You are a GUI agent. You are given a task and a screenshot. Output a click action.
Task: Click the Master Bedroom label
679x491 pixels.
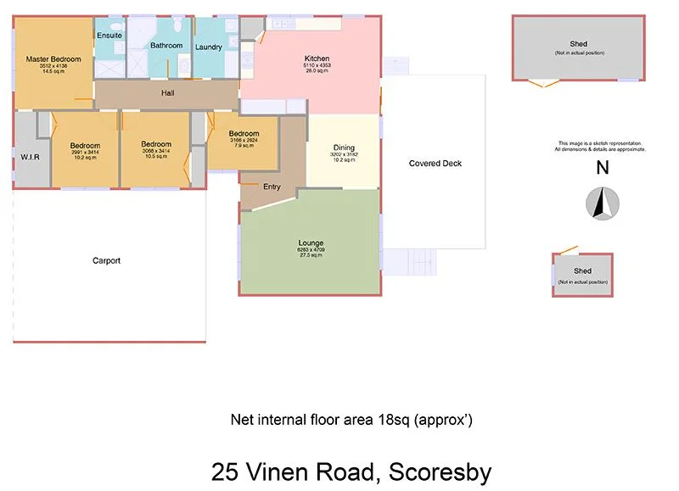coord(53,59)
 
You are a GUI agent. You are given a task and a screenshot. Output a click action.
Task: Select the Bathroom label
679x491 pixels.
coord(166,45)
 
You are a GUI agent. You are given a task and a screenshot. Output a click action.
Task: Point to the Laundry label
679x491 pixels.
coord(209,47)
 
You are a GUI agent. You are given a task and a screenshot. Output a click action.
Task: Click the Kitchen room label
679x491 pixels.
coord(317,59)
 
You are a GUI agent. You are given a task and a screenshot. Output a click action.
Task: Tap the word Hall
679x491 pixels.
coord(168,92)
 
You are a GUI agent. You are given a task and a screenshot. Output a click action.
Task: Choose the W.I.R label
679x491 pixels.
coord(31,157)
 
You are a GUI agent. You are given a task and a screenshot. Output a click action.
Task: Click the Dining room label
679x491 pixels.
coord(344,148)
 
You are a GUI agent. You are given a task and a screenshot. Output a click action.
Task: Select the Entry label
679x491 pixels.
coord(272,187)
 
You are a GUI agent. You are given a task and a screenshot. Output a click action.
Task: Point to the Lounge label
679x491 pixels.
coord(311,243)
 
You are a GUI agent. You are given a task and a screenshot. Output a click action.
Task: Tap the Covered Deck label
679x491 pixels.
coord(435,164)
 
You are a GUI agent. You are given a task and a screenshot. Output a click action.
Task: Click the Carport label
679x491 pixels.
coord(106,260)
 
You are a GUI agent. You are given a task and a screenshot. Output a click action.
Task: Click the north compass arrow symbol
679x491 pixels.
coord(603,204)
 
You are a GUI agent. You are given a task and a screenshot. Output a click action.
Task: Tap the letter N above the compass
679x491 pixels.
coord(603,168)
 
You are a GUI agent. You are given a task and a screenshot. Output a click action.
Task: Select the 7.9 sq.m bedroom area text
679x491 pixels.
coord(244,145)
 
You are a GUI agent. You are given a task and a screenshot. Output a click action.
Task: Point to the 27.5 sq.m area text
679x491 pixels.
coord(311,255)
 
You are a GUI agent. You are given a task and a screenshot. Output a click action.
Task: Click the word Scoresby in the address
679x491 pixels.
coord(436,471)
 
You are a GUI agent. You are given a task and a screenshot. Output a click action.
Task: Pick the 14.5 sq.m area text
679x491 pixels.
coord(53,71)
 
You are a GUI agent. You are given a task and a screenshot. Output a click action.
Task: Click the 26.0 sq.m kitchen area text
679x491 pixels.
coord(317,71)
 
